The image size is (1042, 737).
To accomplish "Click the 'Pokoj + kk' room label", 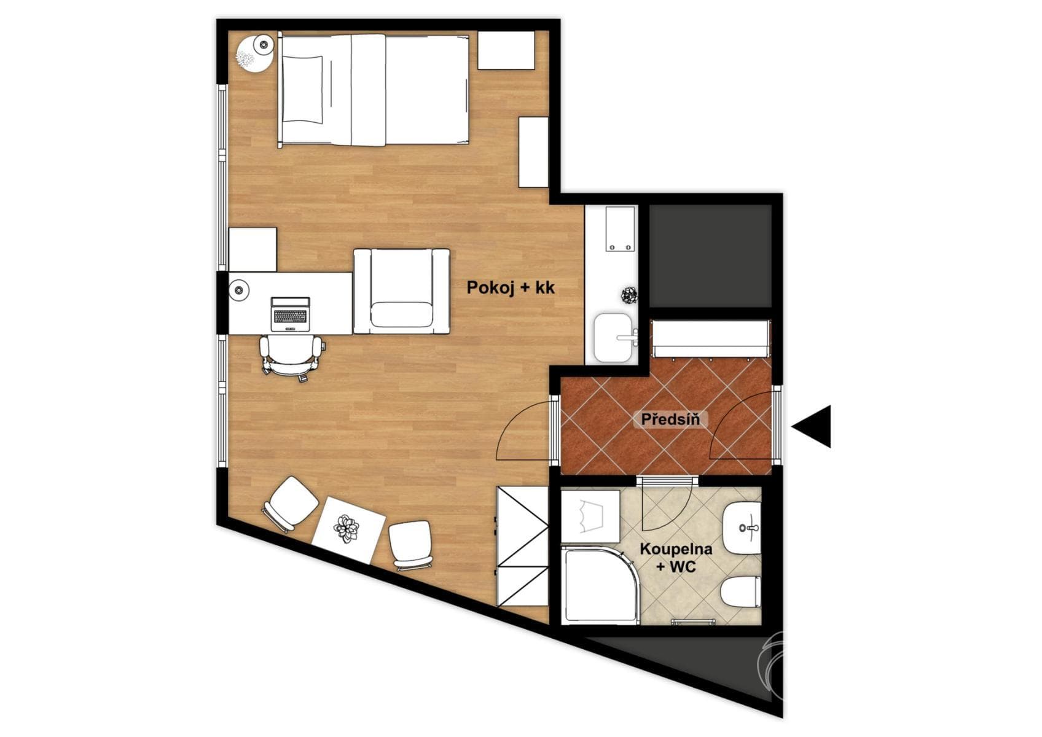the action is click(511, 287).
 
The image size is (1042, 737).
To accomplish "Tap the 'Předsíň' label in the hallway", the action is click(670, 419).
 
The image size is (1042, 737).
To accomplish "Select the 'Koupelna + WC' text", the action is click(676, 557).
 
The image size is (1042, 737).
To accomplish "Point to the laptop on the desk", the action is click(290, 314).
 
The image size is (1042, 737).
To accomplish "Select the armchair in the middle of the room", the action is click(401, 292).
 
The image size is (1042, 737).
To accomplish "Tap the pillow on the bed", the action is click(302, 88).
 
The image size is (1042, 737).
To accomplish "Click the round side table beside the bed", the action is click(255, 53).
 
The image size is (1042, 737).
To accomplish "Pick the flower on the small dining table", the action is click(347, 529).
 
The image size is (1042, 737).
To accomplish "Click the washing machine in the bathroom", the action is click(590, 517).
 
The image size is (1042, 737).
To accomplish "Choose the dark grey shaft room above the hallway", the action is click(710, 255).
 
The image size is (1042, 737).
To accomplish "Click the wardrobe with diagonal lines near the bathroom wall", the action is click(523, 547).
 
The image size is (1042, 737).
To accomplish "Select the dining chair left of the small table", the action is click(291, 504).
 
